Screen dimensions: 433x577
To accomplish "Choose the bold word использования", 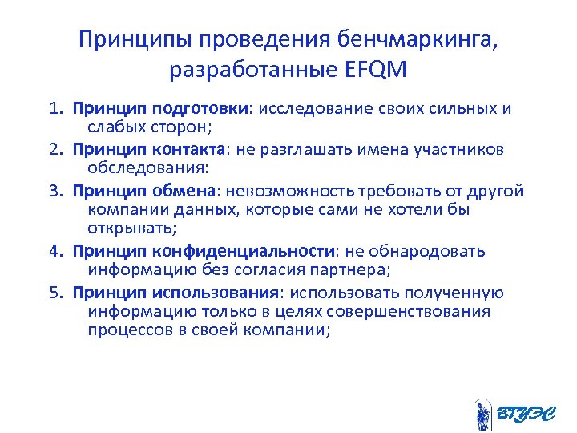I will click(x=226, y=292).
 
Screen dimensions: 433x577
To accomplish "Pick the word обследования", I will click(x=146, y=169).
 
